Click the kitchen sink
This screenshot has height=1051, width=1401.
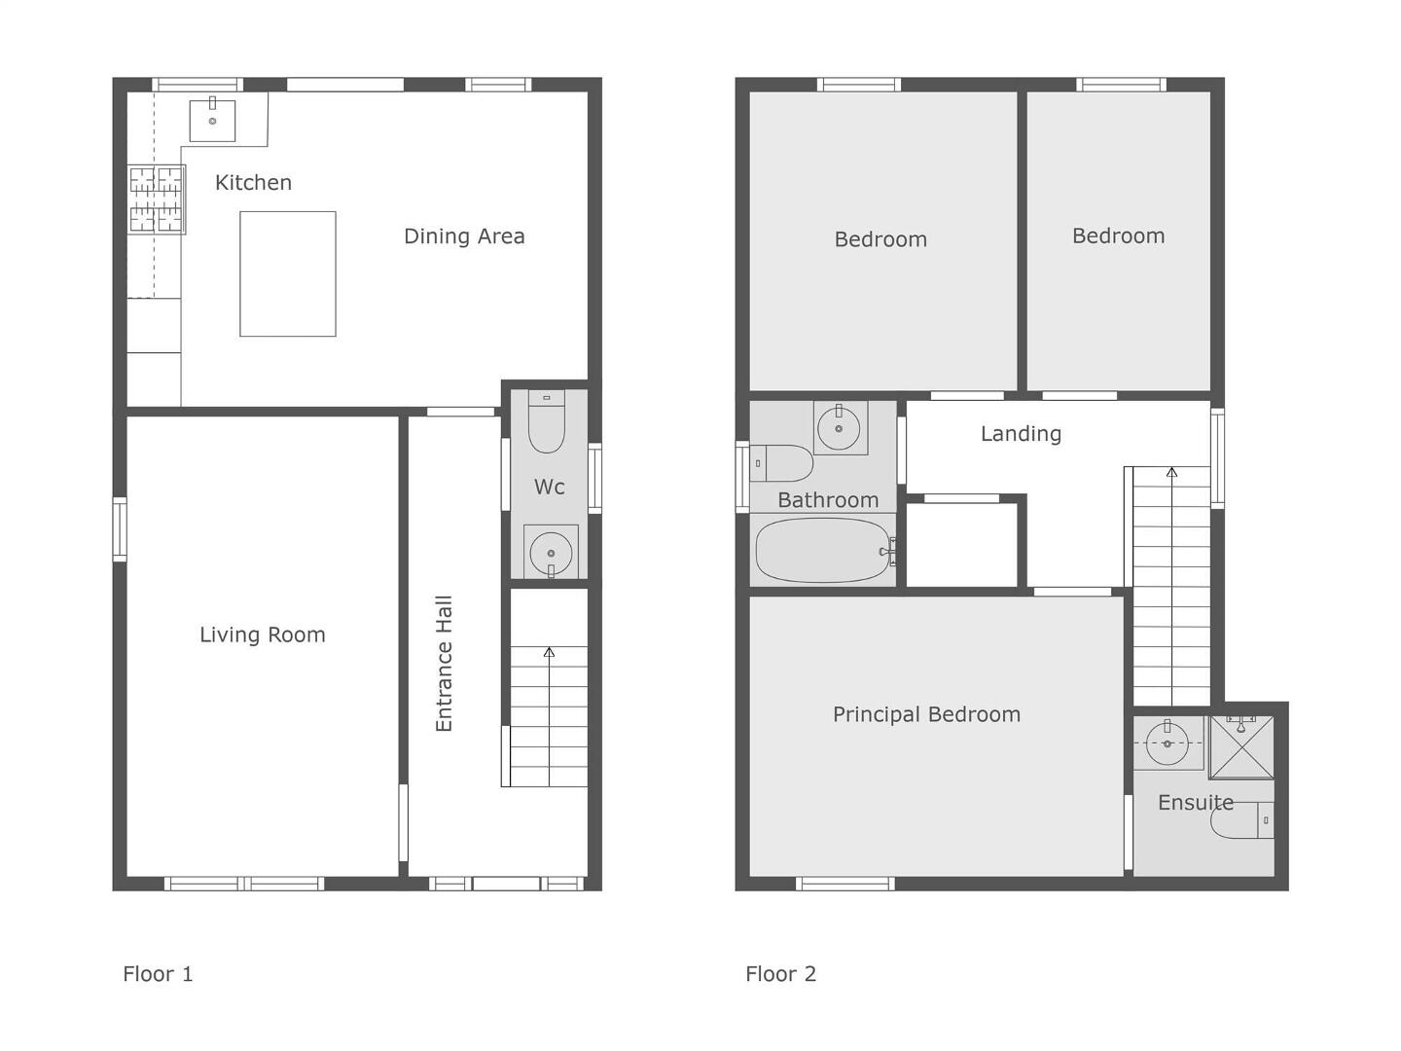212,120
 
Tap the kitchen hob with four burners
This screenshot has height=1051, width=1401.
157,199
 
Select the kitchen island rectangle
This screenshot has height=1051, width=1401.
288,273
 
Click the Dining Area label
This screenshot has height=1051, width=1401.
464,236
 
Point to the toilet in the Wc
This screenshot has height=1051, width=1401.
547,421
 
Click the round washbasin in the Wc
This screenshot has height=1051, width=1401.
551,552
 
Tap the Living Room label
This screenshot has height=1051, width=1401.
263,634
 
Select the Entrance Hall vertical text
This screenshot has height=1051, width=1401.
444,664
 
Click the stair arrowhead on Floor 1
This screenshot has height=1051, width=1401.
549,652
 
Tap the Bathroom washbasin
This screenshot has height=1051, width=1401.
839,428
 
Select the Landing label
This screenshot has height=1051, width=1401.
1021,434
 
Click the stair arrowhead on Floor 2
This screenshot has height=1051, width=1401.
1171,473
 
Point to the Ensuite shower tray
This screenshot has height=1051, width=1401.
1241,747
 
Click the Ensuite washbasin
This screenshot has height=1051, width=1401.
1167,743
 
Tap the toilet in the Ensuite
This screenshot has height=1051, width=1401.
1242,820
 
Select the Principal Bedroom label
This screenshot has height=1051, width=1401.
927,714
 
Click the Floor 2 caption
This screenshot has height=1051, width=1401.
780,974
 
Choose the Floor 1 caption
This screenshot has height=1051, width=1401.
158,974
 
